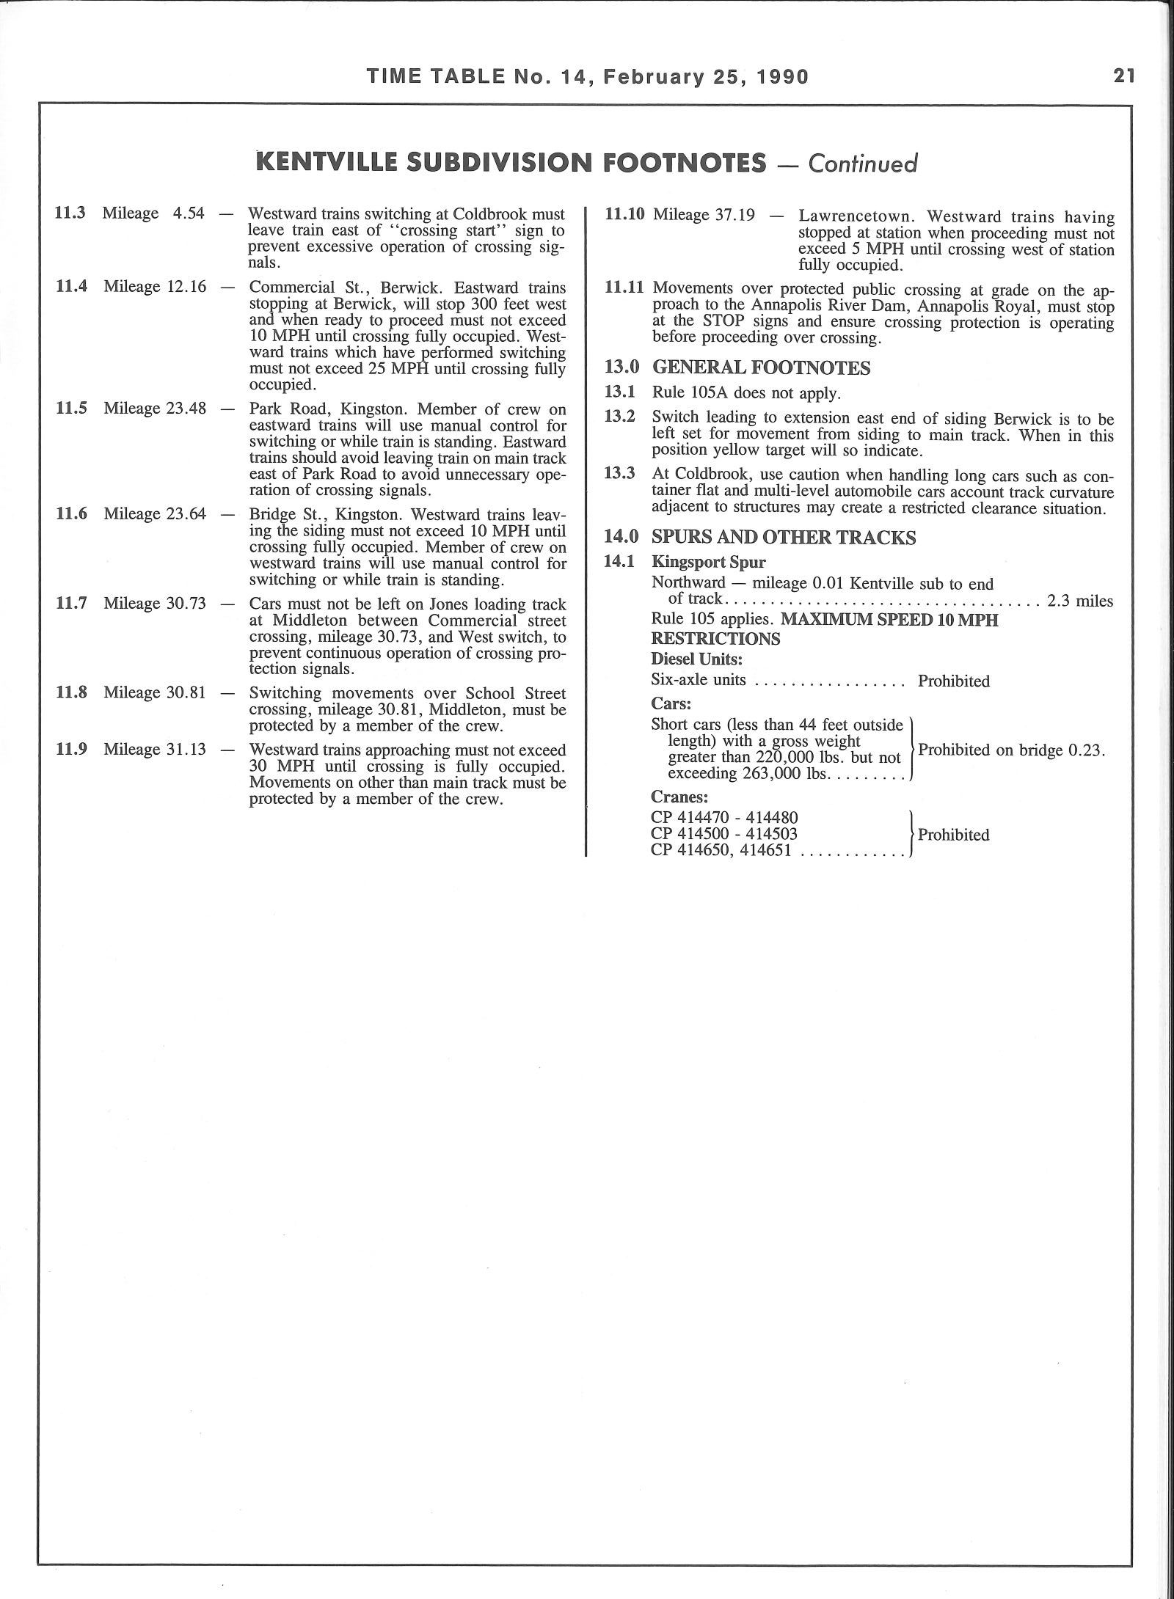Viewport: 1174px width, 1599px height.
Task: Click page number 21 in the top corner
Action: (1124, 76)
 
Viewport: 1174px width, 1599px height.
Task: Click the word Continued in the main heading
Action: (863, 163)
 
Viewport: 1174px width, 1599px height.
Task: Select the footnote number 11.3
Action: (70, 213)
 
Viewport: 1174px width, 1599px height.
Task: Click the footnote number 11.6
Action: (71, 513)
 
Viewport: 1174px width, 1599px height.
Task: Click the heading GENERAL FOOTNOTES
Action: (761, 368)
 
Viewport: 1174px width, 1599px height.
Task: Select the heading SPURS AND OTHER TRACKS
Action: (784, 538)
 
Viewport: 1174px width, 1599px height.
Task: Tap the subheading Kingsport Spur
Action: (709, 563)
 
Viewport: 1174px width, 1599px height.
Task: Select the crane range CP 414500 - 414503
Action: (724, 834)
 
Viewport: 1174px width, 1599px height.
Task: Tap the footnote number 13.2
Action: (619, 417)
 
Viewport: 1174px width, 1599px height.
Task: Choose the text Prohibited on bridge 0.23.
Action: (1012, 751)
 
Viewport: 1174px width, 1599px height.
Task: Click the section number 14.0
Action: (619, 538)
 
